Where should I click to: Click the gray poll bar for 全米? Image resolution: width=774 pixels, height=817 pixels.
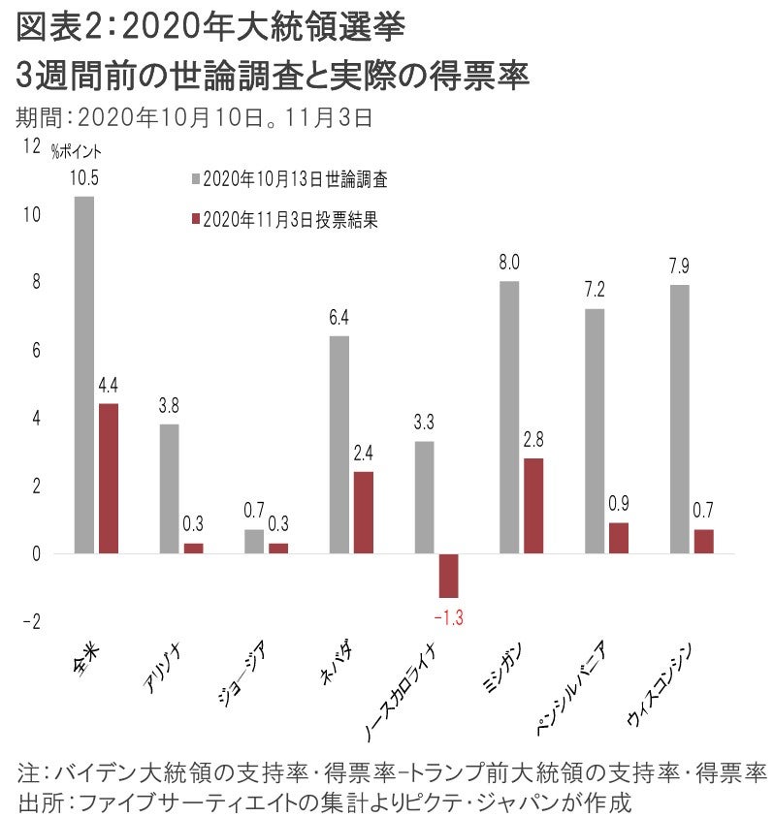click(84, 375)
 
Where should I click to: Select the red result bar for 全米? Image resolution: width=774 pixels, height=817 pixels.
click(109, 479)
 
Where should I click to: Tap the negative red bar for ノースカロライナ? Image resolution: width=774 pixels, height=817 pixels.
click(447, 576)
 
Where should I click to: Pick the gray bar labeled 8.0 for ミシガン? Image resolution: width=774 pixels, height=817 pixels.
click(508, 418)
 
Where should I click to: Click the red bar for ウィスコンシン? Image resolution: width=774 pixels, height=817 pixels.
click(703, 542)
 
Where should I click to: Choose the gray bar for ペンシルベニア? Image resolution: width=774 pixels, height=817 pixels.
click(594, 431)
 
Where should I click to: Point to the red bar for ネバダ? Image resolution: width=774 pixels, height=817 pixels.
click(363, 513)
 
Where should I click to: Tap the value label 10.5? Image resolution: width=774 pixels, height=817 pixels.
click(83, 178)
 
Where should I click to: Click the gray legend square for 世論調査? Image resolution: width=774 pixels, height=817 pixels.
click(196, 179)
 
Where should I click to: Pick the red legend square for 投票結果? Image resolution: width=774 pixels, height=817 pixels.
click(196, 220)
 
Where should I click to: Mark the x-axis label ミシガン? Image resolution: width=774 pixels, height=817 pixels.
click(507, 668)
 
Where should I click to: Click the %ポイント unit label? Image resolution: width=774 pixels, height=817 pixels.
click(76, 150)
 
